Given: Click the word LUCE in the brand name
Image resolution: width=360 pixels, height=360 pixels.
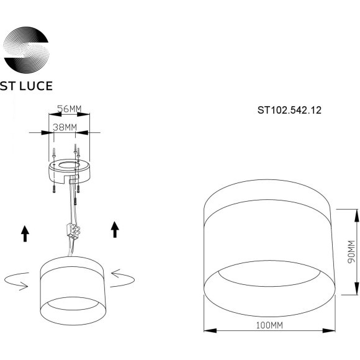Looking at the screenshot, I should [x=37, y=86].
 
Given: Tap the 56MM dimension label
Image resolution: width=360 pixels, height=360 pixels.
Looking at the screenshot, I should [x=70, y=109].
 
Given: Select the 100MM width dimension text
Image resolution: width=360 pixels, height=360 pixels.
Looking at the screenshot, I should [x=270, y=343].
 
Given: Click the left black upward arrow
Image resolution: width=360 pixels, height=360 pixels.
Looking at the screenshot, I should [x=25, y=233].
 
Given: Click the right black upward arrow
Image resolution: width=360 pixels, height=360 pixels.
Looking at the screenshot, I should [x=114, y=229].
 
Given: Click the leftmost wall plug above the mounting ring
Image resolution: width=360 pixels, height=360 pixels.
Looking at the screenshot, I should [x=54, y=151].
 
